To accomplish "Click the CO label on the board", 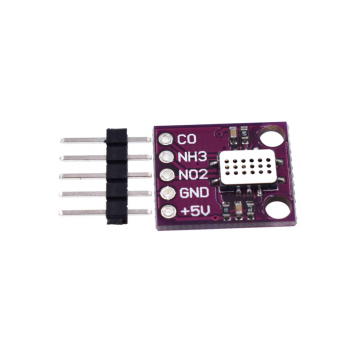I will coord(186,139).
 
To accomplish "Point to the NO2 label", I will coord(191,174).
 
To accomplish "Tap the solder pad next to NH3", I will coord(165,157).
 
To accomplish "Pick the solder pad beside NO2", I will coord(166,175).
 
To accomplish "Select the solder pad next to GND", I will coord(167,193).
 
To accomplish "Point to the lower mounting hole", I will coord(276,208).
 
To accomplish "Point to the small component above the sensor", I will coord(232,134).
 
